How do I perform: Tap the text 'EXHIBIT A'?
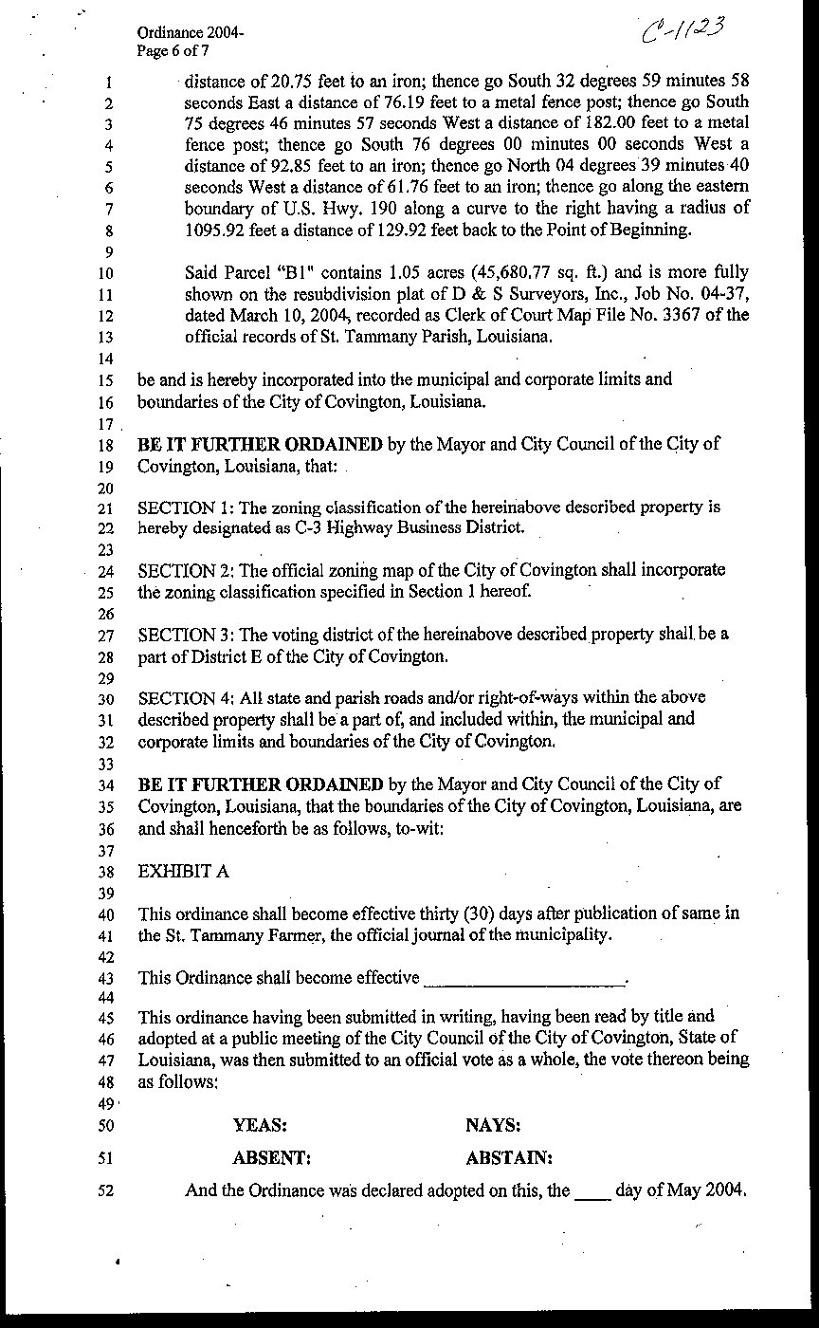point(182,871)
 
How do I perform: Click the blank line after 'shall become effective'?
point(526,979)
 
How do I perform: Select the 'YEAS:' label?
point(260,1126)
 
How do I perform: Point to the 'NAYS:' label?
point(493,1126)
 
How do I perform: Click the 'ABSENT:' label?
point(271,1158)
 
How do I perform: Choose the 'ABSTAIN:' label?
point(509,1158)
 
